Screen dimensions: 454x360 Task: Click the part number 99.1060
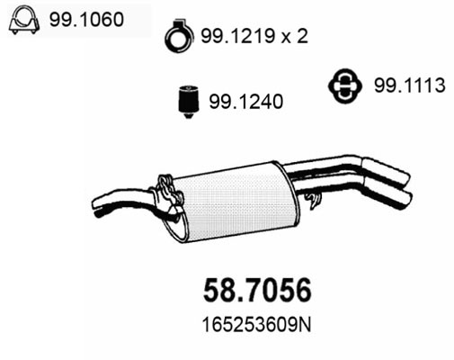86,20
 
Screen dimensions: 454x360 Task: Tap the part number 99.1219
238,36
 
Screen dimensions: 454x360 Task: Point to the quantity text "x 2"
295,36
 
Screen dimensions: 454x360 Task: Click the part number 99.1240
245,102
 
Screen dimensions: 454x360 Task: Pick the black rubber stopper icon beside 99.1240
188,102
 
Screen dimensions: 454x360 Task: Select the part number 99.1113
410,85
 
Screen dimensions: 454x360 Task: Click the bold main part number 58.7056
257,291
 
